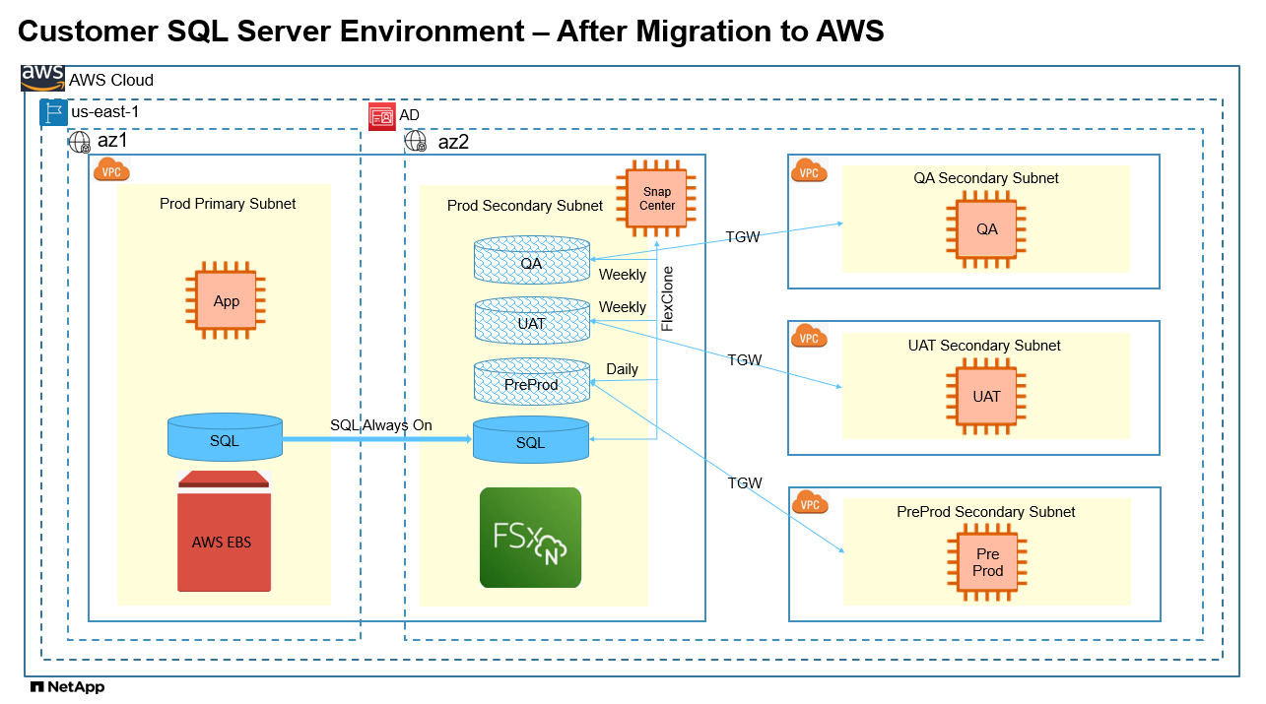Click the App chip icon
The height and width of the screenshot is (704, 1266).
tap(227, 301)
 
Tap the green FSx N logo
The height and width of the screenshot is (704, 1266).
tap(530, 538)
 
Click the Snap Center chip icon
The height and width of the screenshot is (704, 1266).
tap(657, 199)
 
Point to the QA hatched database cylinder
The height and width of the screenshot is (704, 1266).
tap(531, 260)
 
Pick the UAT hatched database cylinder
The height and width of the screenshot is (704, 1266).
tap(531, 322)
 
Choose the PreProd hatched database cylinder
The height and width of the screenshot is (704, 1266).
tap(531, 382)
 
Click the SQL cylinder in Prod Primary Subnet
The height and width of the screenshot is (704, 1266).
tap(225, 438)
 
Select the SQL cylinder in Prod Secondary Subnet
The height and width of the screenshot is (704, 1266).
tap(531, 440)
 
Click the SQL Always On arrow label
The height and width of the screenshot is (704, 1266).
tap(381, 424)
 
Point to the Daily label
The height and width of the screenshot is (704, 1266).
tap(622, 369)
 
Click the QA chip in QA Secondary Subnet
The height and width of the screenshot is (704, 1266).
tap(986, 229)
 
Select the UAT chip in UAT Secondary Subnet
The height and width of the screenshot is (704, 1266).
tap(986, 397)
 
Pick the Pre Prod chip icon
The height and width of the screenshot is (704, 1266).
tap(987, 563)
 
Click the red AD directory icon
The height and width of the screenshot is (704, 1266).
tap(381, 116)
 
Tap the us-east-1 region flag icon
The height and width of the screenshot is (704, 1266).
tap(53, 112)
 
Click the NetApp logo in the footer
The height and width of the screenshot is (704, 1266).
tap(67, 687)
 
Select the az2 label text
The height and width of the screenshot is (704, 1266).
tap(453, 142)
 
